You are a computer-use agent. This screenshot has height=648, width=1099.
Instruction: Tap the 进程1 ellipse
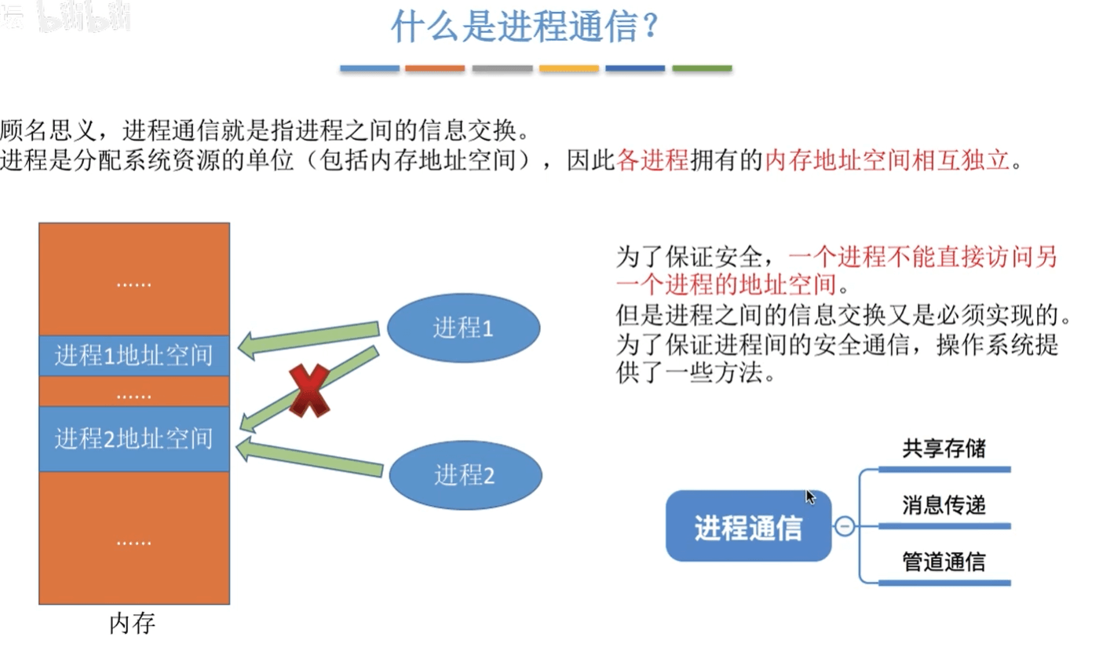click(x=464, y=328)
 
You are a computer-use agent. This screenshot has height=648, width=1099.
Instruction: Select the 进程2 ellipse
click(x=466, y=474)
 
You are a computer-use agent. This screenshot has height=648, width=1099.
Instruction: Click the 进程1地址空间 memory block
click(x=134, y=355)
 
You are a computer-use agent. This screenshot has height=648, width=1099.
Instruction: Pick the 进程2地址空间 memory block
click(x=134, y=438)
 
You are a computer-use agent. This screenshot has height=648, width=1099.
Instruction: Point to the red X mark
click(x=309, y=390)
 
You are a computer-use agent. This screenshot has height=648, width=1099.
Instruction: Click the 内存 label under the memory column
click(x=133, y=624)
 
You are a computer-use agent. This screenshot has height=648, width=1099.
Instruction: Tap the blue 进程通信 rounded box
click(x=748, y=526)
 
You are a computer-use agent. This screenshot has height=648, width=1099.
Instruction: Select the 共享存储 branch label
click(x=944, y=449)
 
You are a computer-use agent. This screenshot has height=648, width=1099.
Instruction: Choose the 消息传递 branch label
click(x=944, y=505)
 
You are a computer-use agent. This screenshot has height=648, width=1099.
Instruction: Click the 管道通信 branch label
click(x=944, y=562)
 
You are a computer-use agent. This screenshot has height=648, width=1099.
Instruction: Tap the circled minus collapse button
click(x=845, y=525)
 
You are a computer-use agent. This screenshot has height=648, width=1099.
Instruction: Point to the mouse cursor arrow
click(x=810, y=496)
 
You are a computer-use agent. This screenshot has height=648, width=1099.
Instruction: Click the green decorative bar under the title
click(x=702, y=69)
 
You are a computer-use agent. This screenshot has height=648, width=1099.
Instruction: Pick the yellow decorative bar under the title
click(x=569, y=69)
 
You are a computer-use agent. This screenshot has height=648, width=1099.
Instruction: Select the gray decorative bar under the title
click(x=502, y=69)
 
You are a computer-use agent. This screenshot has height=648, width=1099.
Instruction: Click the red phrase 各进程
click(x=653, y=161)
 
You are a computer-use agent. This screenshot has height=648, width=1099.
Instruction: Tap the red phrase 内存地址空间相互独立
click(x=886, y=161)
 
